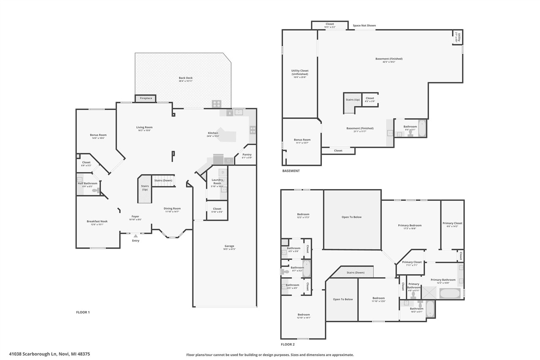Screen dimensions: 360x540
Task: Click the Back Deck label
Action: coord(185,78)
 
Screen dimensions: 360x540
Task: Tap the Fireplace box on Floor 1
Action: coord(146,98)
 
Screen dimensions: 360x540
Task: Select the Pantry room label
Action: coord(247,155)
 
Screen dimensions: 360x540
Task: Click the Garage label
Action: coord(229,246)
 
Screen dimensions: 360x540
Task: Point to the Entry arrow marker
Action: coord(135,236)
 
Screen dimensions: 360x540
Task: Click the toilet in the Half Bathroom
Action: coord(96,190)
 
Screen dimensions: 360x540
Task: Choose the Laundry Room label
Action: coord(217,181)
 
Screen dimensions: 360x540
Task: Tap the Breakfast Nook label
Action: coord(97,222)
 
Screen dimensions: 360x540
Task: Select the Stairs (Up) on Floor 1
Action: coord(145,188)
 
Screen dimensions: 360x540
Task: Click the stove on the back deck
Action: coord(216,104)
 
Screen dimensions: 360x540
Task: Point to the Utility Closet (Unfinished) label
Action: coord(300,73)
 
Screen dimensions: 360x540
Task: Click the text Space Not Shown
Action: coord(364,26)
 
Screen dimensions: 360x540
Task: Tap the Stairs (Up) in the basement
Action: coord(352,100)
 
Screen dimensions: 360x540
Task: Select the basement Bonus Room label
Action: coord(302,140)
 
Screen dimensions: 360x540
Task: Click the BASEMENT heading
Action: coord(291,171)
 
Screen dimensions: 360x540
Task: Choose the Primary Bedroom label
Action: coord(409,225)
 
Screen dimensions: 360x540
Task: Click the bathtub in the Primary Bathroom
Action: coord(451,293)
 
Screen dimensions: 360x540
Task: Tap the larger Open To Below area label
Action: coord(351,217)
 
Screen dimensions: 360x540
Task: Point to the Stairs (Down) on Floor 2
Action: coord(355,273)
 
